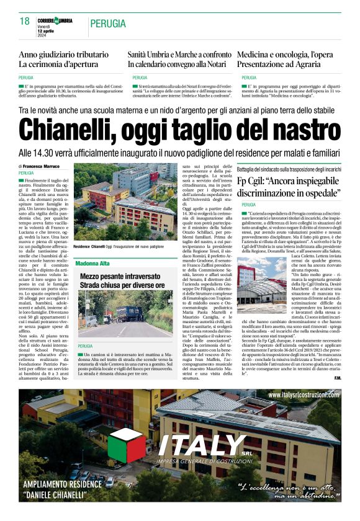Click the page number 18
25,21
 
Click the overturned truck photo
117,314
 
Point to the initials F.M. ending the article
338,378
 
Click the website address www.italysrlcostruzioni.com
304,394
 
